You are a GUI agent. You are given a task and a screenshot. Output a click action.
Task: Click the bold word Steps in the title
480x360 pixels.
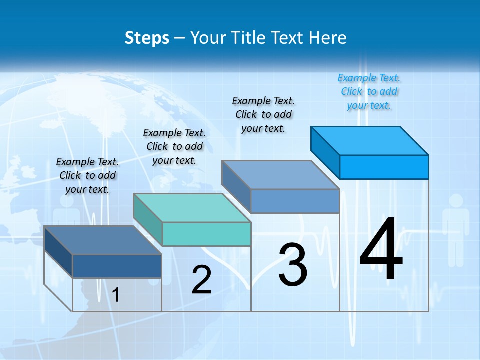[x=147, y=38]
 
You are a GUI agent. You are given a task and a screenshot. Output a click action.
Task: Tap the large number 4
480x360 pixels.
[x=381, y=250]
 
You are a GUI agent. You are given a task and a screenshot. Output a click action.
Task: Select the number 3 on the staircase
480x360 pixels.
[x=293, y=265]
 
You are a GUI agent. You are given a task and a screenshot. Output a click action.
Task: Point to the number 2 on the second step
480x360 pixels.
[x=201, y=280]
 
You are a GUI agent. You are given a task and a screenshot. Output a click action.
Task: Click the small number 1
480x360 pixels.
[x=115, y=295]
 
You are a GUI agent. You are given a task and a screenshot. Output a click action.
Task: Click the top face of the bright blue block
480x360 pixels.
[x=370, y=140]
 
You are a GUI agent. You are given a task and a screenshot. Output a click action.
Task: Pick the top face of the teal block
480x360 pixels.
[x=192, y=207]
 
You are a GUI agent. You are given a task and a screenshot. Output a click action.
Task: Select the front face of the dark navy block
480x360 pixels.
[x=117, y=266]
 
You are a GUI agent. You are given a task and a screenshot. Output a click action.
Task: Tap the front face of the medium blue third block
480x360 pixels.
[x=295, y=201]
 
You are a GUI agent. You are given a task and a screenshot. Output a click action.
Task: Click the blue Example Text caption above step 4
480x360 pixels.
[x=369, y=92]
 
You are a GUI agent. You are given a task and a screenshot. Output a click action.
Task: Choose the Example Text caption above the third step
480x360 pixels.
[x=263, y=114]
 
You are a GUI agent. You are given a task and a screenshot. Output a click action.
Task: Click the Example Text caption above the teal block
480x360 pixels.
[x=174, y=146]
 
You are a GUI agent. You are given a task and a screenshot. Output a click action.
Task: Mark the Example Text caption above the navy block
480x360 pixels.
[x=87, y=175]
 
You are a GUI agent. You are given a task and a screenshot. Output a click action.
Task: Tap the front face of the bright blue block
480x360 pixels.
[x=384, y=167]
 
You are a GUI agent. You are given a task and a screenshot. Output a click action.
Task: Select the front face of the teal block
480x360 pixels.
[x=206, y=234]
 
